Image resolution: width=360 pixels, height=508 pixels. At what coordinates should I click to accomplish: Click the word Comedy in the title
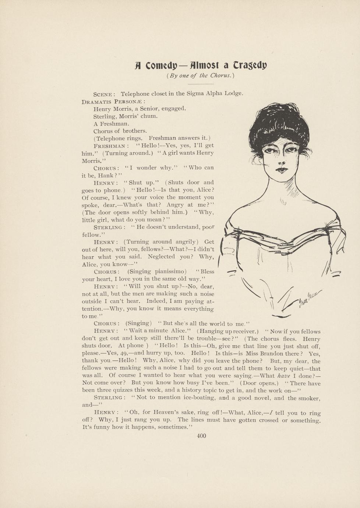[161, 66]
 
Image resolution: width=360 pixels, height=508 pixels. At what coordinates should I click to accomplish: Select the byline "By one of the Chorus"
[200, 76]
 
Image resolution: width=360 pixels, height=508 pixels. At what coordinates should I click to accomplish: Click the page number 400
[201, 436]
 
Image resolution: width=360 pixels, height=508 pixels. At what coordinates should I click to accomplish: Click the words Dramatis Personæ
[113, 101]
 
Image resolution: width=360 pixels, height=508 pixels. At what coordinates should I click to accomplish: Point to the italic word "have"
[283, 375]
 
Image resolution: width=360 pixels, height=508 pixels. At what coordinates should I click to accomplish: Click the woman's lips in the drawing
[282, 170]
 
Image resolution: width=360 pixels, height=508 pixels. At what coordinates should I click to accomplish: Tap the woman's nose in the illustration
[282, 162]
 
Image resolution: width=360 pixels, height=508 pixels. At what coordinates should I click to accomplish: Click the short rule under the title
[201, 84]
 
